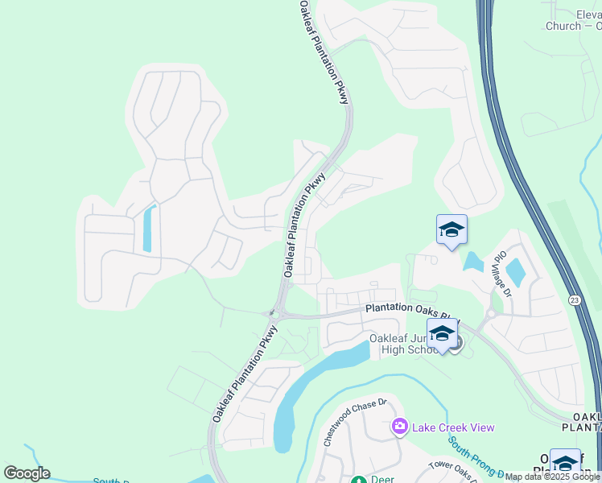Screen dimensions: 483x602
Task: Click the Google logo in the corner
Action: point(27,473)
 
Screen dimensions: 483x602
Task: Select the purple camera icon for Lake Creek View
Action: point(398,426)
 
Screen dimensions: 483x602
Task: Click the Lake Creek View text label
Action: point(452,427)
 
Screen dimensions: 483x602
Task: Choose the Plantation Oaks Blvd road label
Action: point(410,308)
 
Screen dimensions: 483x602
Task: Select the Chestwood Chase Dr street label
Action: point(355,422)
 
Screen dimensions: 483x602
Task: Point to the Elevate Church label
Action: point(575,20)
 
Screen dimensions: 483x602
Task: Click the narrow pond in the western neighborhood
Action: point(148,229)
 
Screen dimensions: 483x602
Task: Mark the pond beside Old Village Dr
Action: point(515,272)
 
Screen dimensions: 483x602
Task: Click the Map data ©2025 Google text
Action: point(553,477)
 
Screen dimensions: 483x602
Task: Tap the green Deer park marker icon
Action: point(359,481)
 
